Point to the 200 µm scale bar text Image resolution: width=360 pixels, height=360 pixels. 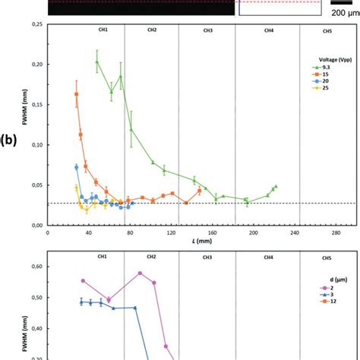point(342,13)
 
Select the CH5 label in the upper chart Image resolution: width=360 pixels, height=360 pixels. point(327,31)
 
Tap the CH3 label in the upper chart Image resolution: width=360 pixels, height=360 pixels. point(207,31)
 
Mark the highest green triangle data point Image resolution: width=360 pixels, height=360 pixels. point(97,62)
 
